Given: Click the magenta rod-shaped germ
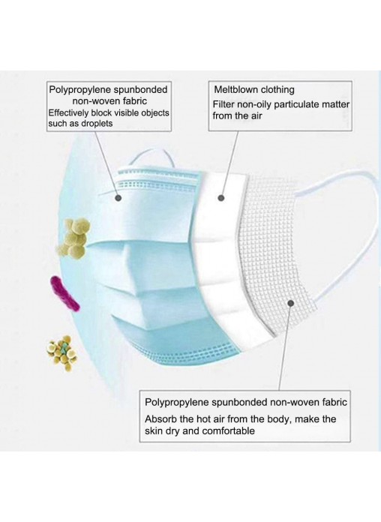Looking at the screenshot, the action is (x=64, y=293).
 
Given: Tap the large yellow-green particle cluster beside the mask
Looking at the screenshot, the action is (x=73, y=237).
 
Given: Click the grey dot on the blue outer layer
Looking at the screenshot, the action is (x=118, y=198).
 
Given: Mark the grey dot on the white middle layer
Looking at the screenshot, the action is (x=221, y=198).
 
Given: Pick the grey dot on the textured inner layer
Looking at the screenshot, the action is (x=290, y=303).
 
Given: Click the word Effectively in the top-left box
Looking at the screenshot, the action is (x=69, y=112).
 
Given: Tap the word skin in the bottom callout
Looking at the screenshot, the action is (x=152, y=430).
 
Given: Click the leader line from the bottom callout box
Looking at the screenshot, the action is (x=285, y=349).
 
